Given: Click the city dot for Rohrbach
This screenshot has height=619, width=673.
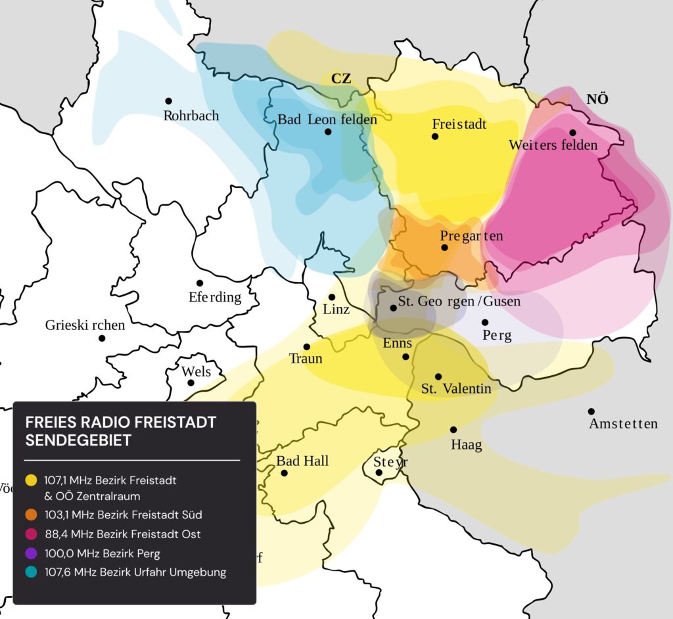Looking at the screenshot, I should (x=168, y=101).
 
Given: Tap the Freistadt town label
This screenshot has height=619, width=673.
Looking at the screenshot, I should (x=459, y=124).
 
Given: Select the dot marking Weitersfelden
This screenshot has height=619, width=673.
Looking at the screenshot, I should (x=572, y=132).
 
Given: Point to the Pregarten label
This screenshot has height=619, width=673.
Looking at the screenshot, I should (x=471, y=236).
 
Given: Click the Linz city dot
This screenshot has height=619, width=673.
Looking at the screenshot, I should (x=332, y=297).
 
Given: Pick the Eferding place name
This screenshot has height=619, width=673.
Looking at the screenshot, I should (x=215, y=297).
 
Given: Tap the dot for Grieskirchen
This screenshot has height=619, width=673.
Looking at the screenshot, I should (x=102, y=338).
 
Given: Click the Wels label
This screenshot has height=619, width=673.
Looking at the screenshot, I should (x=197, y=372).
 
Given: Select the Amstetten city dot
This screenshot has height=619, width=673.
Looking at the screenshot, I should (x=591, y=411).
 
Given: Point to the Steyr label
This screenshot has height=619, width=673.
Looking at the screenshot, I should (x=390, y=461).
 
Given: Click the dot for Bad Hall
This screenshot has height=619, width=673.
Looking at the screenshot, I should (x=284, y=472).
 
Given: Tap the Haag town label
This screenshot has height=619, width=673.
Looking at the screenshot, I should (x=466, y=445).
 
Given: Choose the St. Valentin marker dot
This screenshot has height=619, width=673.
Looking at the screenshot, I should (x=438, y=377).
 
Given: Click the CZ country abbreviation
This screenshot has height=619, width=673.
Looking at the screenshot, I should (x=340, y=79).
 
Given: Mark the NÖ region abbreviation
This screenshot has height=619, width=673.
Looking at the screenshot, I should (x=597, y=99).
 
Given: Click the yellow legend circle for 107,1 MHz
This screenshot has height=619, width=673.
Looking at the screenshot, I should (x=31, y=480).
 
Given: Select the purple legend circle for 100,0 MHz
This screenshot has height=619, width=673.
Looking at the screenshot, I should (x=31, y=553).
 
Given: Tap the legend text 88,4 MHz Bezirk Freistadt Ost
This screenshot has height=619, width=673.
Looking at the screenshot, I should (x=127, y=534).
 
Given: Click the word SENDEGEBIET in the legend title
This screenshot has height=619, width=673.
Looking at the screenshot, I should (x=78, y=440).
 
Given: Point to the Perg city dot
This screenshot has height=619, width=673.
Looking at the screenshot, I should (x=484, y=322).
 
